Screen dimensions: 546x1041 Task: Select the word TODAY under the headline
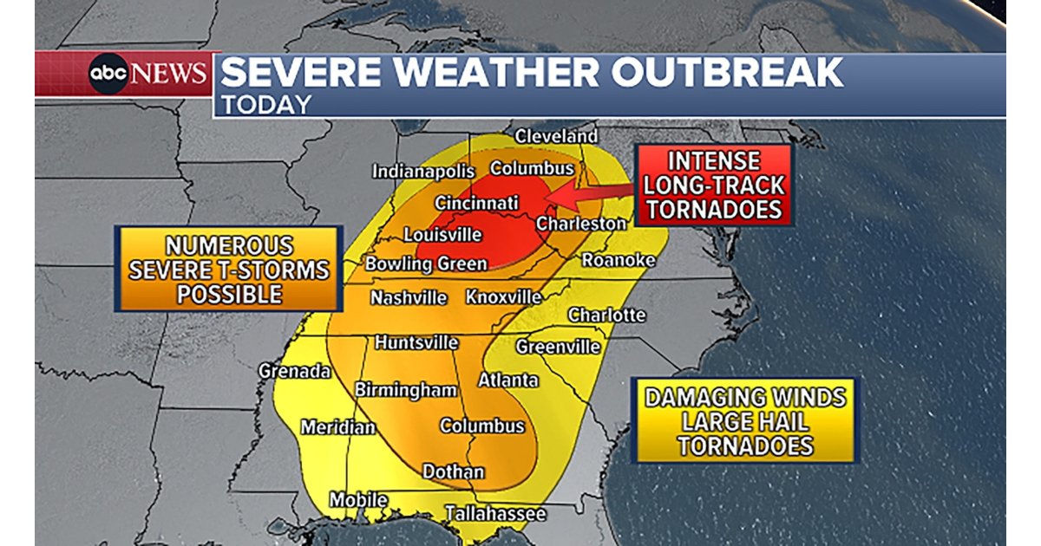point(265,105)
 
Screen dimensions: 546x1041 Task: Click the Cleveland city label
point(556,136)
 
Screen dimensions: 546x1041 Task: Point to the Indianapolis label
point(423,172)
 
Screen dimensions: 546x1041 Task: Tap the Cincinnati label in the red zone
point(476,203)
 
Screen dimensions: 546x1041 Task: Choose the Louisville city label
point(442,235)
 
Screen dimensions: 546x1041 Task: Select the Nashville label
point(409,298)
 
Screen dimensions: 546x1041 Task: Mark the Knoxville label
point(503,297)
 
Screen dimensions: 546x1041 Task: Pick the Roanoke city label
point(618,260)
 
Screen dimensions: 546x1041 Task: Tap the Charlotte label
point(606,315)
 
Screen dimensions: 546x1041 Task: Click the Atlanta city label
point(508,380)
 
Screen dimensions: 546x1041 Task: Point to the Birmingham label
point(405,390)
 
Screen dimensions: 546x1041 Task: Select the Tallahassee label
point(495,514)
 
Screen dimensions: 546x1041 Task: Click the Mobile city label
point(357,500)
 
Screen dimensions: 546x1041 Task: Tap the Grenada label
point(294,371)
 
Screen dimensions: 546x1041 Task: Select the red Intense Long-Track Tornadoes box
point(714,185)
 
